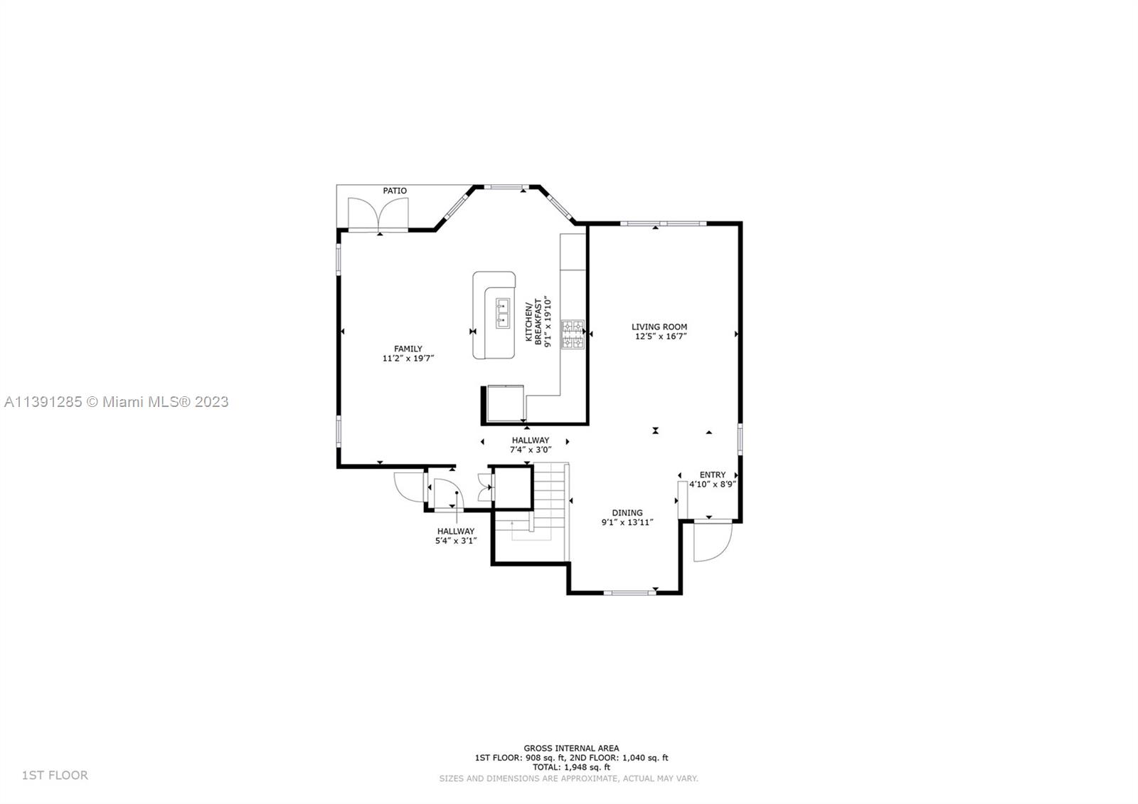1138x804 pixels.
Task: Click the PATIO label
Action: [x=395, y=191]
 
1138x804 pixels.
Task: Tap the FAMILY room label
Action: [x=408, y=349]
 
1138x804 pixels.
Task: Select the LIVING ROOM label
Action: [x=659, y=327]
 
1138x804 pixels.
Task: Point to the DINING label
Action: [x=627, y=513]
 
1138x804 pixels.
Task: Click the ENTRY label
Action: [x=712, y=475]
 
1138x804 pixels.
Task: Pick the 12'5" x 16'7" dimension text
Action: [x=661, y=337]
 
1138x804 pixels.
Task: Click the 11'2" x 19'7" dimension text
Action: [x=408, y=359]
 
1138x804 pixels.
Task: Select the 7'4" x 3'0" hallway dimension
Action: [x=531, y=450]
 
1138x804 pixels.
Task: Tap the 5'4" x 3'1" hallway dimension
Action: [x=456, y=541]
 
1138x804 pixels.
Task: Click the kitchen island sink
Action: [x=502, y=313]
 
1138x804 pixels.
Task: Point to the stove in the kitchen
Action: [x=573, y=334]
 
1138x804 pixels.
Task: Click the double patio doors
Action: [x=378, y=214]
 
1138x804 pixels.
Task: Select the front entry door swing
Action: [x=713, y=541]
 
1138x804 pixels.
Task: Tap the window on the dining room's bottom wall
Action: [x=630, y=593]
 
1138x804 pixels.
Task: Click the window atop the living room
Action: [x=663, y=223]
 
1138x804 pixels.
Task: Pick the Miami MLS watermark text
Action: [x=116, y=402]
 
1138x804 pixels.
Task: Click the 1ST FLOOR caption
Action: [x=55, y=775]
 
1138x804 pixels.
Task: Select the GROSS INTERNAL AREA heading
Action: [x=572, y=748]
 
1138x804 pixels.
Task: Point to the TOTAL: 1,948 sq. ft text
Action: [x=572, y=768]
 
